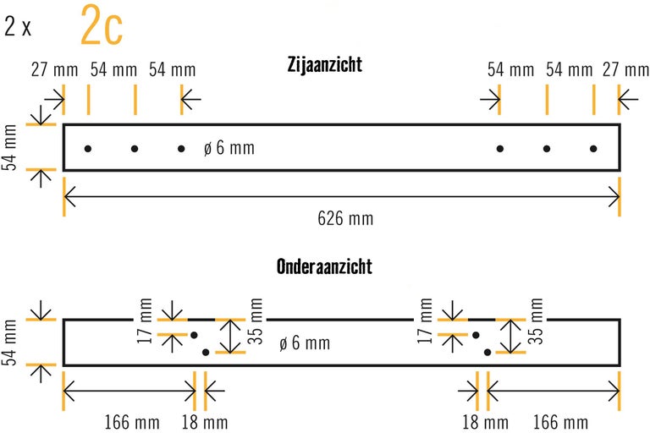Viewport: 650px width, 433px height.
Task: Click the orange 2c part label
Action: point(102,26)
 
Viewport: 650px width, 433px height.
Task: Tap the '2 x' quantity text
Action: point(18,27)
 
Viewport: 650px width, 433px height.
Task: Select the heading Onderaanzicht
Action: point(324,267)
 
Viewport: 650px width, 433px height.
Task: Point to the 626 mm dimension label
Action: point(345,219)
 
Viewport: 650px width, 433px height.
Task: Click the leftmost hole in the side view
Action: point(88,149)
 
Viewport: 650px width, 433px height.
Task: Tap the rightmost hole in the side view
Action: point(593,149)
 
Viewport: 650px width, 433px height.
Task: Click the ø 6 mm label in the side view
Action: point(229,149)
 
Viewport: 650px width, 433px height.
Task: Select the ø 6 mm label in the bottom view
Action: point(305,343)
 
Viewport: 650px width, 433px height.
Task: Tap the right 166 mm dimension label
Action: point(559,421)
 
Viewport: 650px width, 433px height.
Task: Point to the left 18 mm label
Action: point(205,421)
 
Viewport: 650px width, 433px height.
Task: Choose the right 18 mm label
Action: point(485,421)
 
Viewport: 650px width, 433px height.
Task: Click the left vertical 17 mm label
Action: point(146,321)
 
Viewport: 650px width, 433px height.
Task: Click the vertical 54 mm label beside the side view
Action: point(10,147)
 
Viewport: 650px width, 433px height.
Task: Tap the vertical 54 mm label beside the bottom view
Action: point(10,342)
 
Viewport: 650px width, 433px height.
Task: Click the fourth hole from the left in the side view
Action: point(500,149)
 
